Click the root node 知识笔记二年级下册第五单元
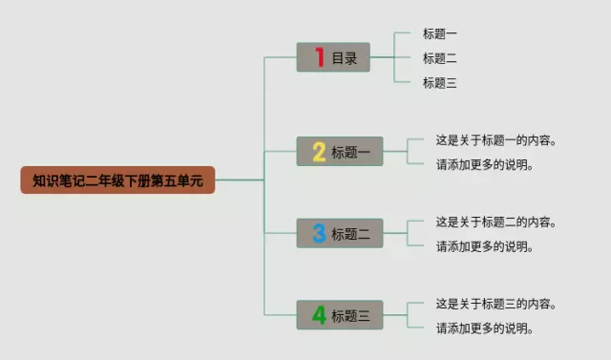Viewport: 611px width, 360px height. (x=117, y=180)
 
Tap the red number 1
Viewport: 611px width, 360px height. (x=320, y=57)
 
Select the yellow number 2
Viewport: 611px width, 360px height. (x=319, y=152)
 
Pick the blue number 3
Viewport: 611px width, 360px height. (x=319, y=233)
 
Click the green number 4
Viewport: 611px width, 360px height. (x=319, y=315)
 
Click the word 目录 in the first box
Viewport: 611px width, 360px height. (x=345, y=58)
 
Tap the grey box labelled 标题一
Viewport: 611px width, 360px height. (x=340, y=151)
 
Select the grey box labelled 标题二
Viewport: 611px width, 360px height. (x=340, y=233)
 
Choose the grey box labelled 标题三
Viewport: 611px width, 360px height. (x=340, y=315)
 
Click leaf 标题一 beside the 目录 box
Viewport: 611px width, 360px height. (x=439, y=33)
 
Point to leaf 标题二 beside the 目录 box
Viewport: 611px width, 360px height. (x=439, y=58)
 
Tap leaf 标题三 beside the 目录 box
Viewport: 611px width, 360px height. (x=439, y=82)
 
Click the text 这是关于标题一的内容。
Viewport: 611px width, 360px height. (x=495, y=139)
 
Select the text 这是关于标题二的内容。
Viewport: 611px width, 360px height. (x=495, y=222)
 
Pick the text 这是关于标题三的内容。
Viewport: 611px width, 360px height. (x=495, y=304)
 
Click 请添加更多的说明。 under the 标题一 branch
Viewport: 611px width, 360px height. (x=484, y=164)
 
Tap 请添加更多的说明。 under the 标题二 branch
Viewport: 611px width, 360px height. (x=484, y=246)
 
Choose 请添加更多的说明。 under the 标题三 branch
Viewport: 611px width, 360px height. (x=484, y=328)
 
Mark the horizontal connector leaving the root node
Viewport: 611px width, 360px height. (x=240, y=180)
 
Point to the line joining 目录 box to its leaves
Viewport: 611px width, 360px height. (x=382, y=57)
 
